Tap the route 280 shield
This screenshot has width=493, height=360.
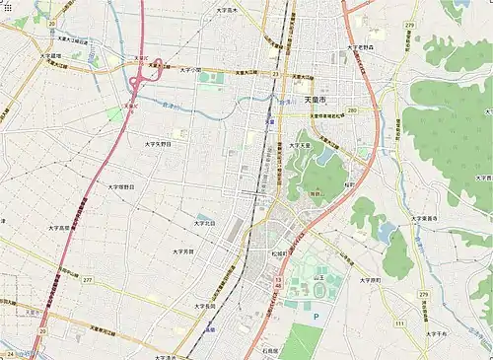coord(352,110)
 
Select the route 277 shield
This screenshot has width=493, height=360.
coord(88,280)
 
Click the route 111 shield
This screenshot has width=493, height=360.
coord(399,323)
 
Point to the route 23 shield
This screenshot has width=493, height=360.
coord(278,74)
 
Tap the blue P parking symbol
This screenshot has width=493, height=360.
coord(317,317)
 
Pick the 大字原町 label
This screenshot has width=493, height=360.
coord(370,280)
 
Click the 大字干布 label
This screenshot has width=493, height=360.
coord(436,334)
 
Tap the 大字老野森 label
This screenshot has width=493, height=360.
coord(362,47)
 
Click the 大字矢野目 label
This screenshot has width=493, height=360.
coord(158,143)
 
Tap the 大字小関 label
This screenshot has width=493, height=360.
coord(190,70)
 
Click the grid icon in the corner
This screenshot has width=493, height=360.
coord(9,8)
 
